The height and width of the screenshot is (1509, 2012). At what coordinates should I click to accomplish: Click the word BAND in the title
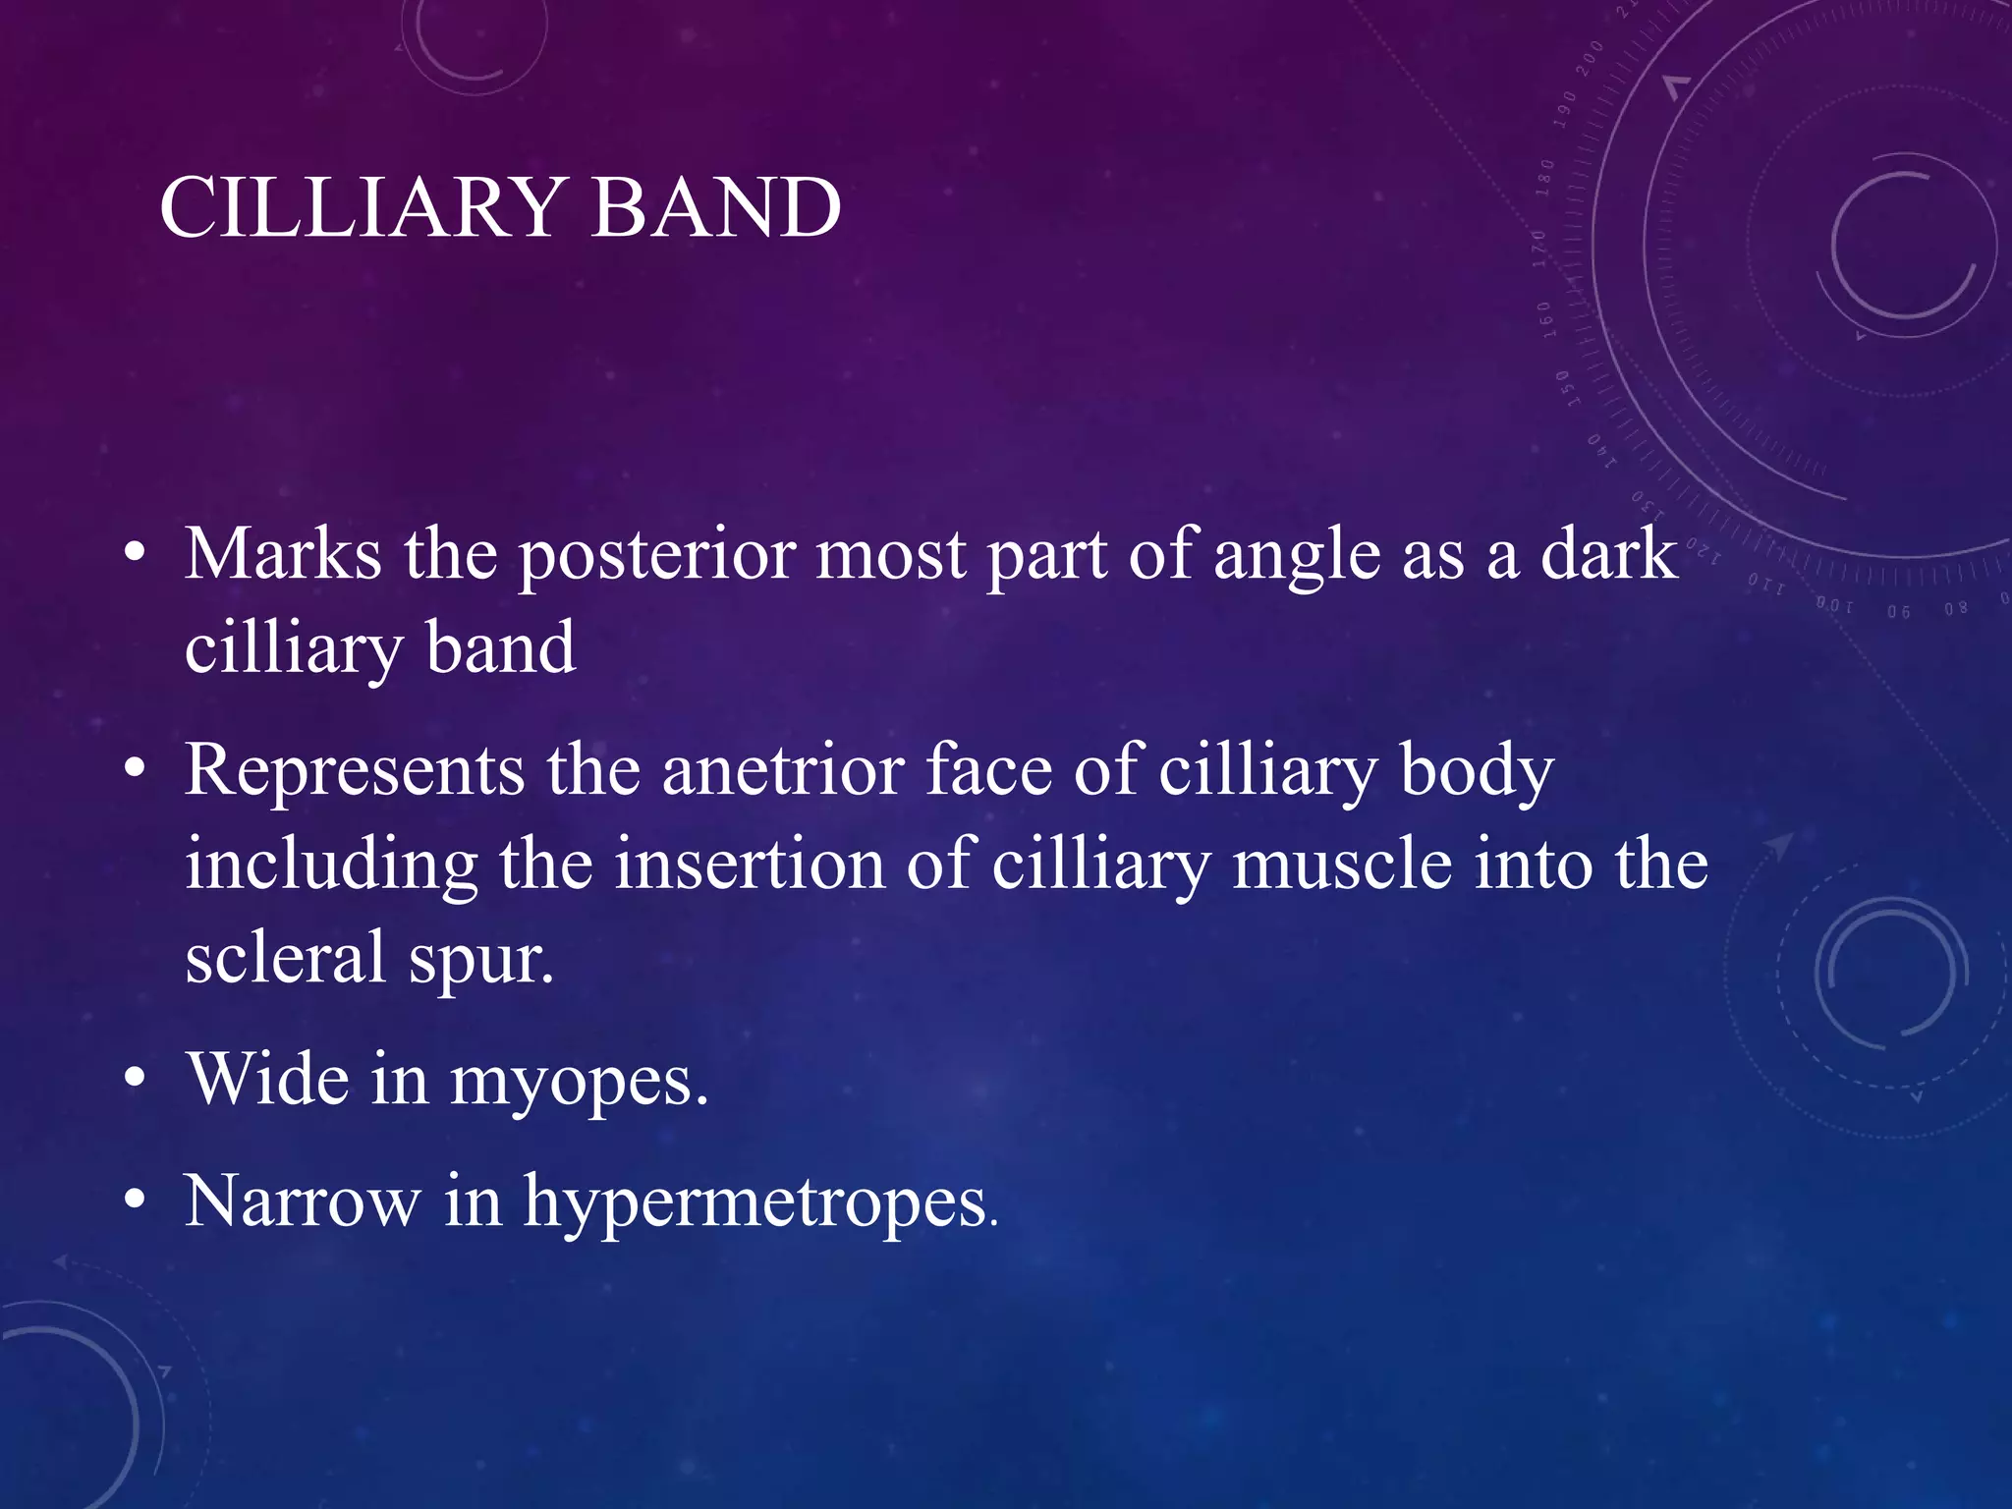(716, 207)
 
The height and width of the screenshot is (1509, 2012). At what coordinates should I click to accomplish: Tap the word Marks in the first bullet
(283, 554)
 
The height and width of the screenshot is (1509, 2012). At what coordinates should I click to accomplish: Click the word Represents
(355, 771)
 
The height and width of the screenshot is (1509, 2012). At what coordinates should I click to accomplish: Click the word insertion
(751, 864)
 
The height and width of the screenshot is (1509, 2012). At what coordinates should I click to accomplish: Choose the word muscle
(1342, 864)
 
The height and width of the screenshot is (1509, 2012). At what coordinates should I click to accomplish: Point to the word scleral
(285, 957)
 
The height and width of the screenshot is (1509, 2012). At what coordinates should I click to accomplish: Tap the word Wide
(268, 1079)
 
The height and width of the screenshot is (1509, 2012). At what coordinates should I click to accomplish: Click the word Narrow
(302, 1201)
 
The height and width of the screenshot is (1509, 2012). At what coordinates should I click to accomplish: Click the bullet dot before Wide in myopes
(136, 1078)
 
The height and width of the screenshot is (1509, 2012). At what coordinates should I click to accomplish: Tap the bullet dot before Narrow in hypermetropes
(136, 1200)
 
